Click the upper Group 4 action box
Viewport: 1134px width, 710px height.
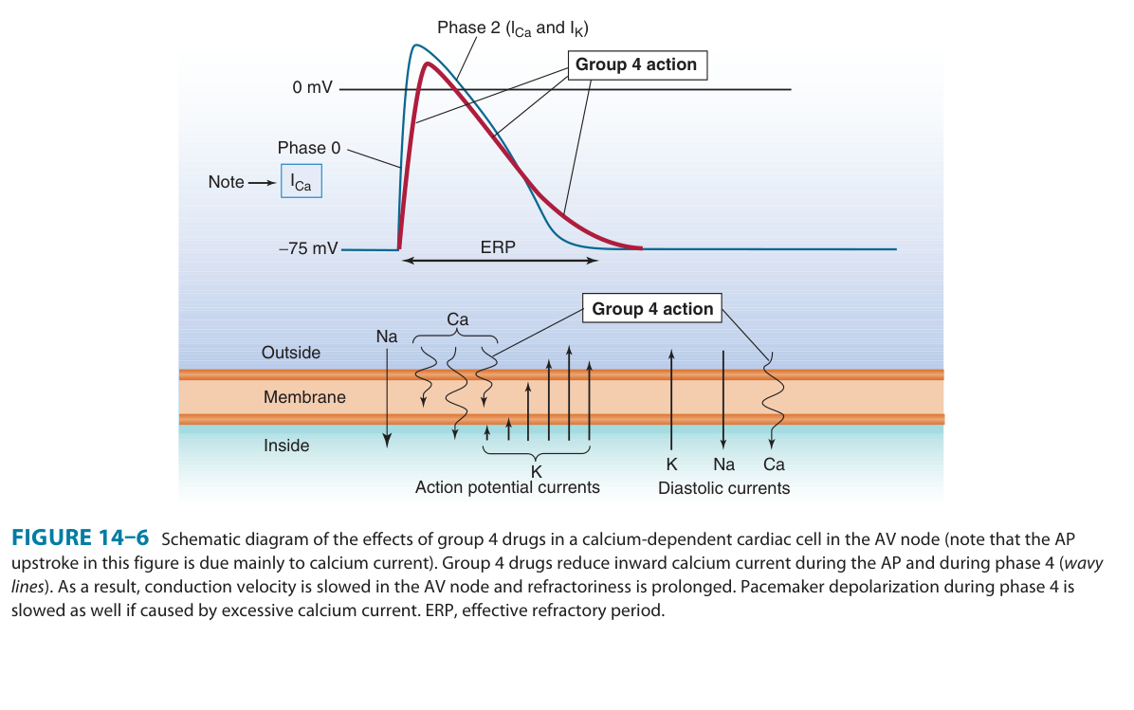pos(636,64)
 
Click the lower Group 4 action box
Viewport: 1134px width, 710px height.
pos(652,309)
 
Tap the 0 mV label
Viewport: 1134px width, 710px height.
pos(313,88)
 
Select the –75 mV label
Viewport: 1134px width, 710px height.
pos(308,248)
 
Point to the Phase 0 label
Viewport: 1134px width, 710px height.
pos(308,148)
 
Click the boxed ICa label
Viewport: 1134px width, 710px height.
pos(302,182)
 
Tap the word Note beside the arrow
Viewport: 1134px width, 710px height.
pos(226,182)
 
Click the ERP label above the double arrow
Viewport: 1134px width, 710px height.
pos(499,247)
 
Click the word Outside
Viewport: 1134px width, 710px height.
pos(291,353)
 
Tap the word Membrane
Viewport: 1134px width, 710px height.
pos(304,398)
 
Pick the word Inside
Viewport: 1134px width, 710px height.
pos(286,446)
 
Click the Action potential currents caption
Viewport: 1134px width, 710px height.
pos(507,487)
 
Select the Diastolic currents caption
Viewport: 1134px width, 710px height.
pos(724,488)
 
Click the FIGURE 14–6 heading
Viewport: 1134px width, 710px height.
pos(80,538)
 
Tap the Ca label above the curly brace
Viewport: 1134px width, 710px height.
pos(457,319)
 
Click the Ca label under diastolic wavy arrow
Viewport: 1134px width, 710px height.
pos(774,464)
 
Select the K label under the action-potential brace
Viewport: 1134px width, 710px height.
pos(537,472)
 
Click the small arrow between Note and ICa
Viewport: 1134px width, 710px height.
pos(261,182)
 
